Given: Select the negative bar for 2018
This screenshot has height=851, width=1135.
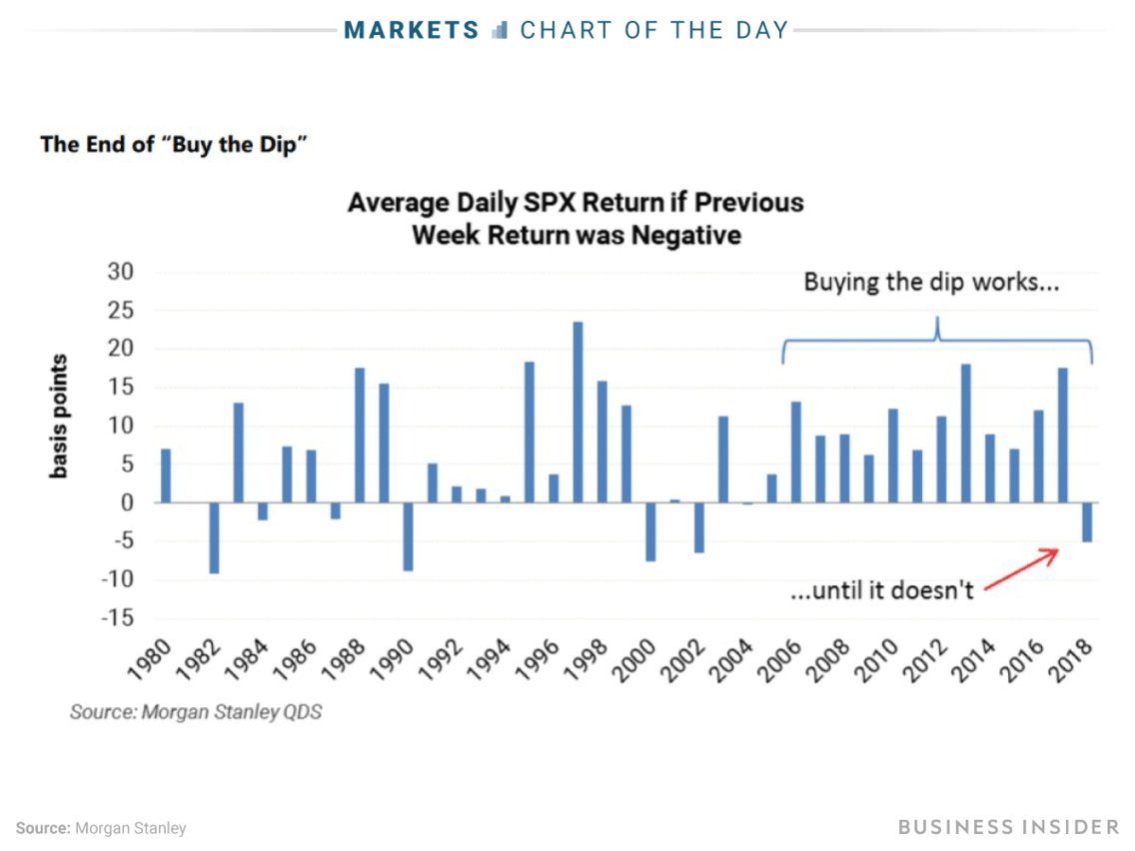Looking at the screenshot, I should click(x=1087, y=522).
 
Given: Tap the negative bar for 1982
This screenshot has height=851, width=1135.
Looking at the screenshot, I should click(x=214, y=538).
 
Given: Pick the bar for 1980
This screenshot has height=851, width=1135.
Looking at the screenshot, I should click(x=166, y=475).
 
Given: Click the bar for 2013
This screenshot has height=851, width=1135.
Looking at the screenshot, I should click(x=966, y=433).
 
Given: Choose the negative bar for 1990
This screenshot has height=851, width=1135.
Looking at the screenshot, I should click(x=408, y=536).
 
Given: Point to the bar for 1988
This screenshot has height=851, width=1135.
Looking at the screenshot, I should click(x=360, y=435).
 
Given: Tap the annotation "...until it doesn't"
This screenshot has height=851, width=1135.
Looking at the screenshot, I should click(x=882, y=590).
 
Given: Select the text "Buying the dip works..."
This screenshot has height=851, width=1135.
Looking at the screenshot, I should click(x=931, y=283).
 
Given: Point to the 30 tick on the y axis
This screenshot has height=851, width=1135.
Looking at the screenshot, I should click(x=120, y=273).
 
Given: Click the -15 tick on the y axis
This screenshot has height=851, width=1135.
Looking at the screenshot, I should click(x=117, y=618).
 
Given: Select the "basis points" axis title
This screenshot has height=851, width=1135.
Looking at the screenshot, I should click(x=60, y=416).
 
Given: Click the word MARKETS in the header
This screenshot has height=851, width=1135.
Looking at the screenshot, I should click(x=412, y=30).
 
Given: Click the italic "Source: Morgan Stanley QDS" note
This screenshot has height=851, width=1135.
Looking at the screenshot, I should click(x=196, y=713).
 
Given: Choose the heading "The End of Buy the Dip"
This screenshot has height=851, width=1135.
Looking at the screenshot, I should click(x=173, y=144).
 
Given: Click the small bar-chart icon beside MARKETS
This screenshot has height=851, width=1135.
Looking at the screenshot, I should click(x=501, y=30).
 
